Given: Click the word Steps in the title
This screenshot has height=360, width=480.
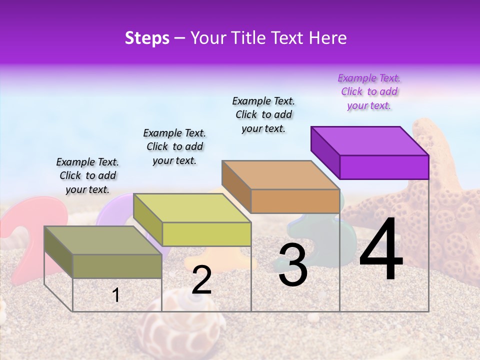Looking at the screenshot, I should (147, 38).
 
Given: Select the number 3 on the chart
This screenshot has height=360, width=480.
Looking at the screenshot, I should (292, 265).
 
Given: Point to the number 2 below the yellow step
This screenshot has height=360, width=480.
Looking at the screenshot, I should (201, 280).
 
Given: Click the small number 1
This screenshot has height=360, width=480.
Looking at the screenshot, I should (116, 295).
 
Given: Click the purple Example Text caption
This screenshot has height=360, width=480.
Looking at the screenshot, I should (369, 91).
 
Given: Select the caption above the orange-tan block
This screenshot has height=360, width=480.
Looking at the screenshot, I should (263, 114).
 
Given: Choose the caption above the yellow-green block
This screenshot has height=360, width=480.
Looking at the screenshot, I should (174, 146).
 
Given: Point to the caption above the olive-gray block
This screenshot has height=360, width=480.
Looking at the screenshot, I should (87, 175).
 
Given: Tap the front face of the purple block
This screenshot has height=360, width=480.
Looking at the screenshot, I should (384, 167).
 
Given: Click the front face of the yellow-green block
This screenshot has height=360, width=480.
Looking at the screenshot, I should (206, 234).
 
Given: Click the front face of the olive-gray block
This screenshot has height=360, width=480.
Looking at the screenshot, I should (117, 266).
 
